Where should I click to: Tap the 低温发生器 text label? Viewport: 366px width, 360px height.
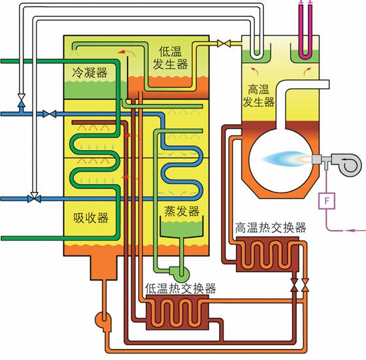(x=173, y=57)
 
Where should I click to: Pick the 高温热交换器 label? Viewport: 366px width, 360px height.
(x=270, y=228)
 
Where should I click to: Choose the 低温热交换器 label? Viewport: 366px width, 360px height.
(x=182, y=289)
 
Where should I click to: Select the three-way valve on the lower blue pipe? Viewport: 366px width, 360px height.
(x=33, y=197)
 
